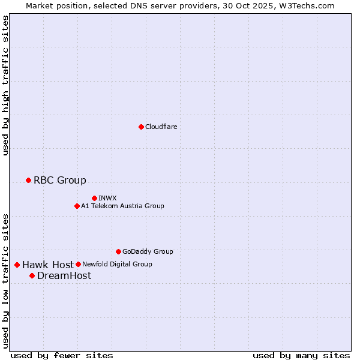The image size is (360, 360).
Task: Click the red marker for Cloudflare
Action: click(141, 127)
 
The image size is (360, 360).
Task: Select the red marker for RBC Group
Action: click(28, 180)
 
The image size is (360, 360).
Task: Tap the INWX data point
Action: click(94, 198)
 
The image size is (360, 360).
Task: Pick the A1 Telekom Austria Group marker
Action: click(77, 206)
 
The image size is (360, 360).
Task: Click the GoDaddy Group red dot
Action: click(118, 251)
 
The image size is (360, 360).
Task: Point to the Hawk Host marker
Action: click(17, 265)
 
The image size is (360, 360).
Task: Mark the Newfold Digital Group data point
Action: click(78, 264)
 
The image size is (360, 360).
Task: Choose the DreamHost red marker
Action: click(32, 275)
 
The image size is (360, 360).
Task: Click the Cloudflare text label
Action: click(161, 127)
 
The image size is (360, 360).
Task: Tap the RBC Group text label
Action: click(59, 180)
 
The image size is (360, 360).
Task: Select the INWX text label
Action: click(107, 198)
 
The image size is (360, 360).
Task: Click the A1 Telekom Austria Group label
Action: click(122, 206)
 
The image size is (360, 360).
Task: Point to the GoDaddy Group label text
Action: click(147, 251)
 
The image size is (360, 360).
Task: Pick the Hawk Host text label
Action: click(48, 265)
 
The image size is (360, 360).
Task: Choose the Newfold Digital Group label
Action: click(117, 264)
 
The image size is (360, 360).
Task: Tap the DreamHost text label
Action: click(64, 275)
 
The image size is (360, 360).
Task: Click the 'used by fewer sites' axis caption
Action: click(62, 355)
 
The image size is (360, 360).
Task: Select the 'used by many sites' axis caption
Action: click(301, 355)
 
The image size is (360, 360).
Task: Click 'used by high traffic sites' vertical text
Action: click(5, 85)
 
